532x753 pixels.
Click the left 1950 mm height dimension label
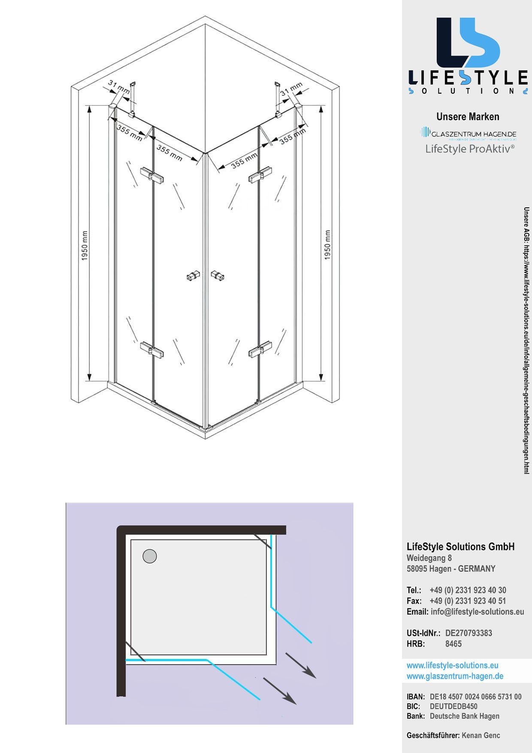pyautogui.click(x=85, y=245)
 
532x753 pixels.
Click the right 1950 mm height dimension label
pyautogui.click(x=328, y=245)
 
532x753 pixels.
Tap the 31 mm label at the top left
pyautogui.click(x=118, y=87)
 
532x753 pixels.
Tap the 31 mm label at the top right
pyautogui.click(x=291, y=89)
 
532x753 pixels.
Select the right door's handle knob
pyautogui.click(x=218, y=275)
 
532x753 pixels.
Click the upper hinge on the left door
pyautogui.click(x=152, y=175)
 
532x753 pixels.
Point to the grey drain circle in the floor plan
pyautogui.click(x=149, y=556)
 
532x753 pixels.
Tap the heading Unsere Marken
pyautogui.click(x=468, y=117)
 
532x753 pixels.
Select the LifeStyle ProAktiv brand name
pyautogui.click(x=470, y=149)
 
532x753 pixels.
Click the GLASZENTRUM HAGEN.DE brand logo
pyautogui.click(x=469, y=134)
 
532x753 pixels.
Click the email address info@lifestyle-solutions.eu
pyautogui.click(x=477, y=611)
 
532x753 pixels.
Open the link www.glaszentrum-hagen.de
pyautogui.click(x=455, y=676)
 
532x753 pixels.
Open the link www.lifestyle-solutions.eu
pyautogui.click(x=452, y=665)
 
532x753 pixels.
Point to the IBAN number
pyautogui.click(x=475, y=697)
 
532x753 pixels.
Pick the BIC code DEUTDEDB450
pyautogui.click(x=453, y=706)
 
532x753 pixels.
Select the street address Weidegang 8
pyautogui.click(x=429, y=558)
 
